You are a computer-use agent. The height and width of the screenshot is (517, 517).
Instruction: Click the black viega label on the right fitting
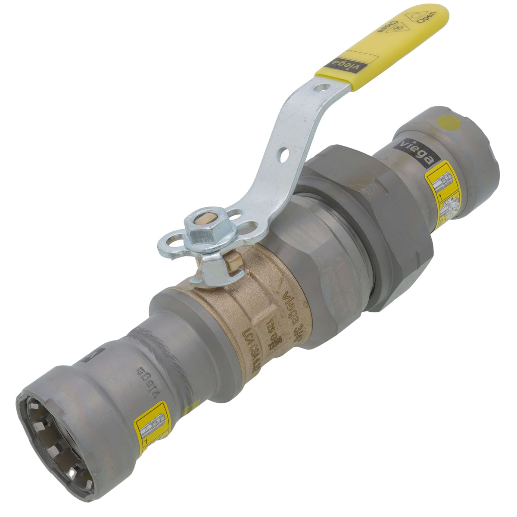coord(416,153)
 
